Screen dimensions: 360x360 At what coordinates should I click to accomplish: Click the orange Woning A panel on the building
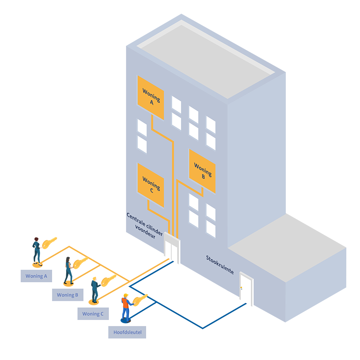150,98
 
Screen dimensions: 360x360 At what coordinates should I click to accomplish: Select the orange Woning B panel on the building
202,171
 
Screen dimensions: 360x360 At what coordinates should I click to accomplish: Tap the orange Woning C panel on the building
150,185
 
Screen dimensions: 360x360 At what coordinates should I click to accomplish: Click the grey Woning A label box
36,276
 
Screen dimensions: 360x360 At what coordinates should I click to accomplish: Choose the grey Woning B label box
68,295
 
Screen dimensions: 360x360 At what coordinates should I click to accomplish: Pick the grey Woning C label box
93,314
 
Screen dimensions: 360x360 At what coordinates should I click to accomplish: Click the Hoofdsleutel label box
127,332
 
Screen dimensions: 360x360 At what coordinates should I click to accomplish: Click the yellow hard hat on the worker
126,295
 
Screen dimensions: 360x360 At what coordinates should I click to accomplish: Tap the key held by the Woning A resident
49,243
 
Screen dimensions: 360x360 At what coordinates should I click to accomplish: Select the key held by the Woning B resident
80,263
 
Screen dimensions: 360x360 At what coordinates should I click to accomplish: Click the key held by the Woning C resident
108,280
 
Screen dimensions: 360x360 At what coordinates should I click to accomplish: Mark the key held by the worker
140,300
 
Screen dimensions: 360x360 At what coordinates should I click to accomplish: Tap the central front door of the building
172,249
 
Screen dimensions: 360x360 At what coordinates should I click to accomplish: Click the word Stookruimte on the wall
220,265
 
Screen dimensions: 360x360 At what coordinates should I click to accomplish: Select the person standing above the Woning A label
37,252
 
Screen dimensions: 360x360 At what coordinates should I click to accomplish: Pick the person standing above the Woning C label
95,290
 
